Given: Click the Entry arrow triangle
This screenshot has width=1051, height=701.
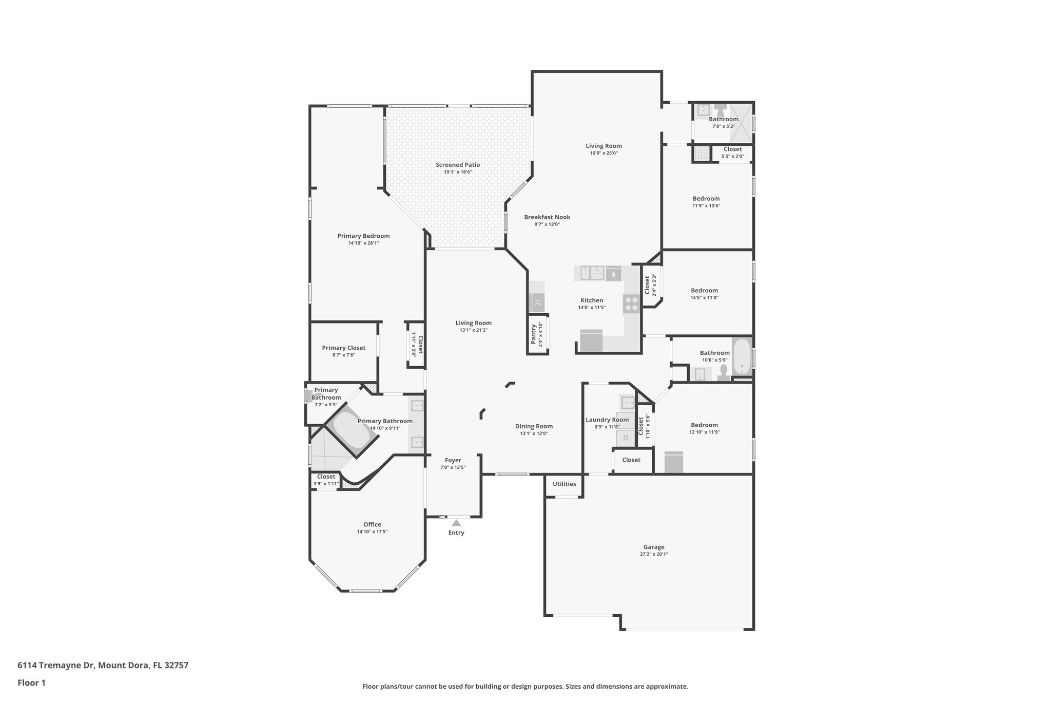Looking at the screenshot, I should point(456,523).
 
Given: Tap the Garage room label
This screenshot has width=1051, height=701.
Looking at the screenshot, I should point(654,547).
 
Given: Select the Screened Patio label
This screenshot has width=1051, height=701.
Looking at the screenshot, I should point(458,165).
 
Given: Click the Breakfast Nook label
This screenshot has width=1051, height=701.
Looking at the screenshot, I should point(547,217).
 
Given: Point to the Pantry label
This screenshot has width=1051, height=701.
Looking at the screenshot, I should point(534,334).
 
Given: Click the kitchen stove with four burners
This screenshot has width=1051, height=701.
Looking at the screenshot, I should point(631,304).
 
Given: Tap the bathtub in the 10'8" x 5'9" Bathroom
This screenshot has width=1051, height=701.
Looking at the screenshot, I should point(741,357).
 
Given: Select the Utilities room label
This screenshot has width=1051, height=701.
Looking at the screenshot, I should point(564,484).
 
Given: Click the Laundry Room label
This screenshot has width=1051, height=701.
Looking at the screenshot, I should point(607,420).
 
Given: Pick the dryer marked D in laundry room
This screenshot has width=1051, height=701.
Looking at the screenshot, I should point(625,438).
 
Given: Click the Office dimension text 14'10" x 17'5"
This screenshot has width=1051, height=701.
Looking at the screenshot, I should point(372,532).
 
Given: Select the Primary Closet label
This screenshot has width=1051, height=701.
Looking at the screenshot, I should point(344,348).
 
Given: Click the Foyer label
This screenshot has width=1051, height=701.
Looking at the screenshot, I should point(453,460).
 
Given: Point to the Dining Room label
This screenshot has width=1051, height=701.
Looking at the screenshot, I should point(534,426).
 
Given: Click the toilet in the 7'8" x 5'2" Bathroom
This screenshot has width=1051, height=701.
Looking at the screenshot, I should point(721,110).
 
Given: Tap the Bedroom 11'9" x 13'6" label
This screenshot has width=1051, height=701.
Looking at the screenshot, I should point(706,199).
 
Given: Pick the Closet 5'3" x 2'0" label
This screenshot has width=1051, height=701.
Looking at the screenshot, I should point(732,149).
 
